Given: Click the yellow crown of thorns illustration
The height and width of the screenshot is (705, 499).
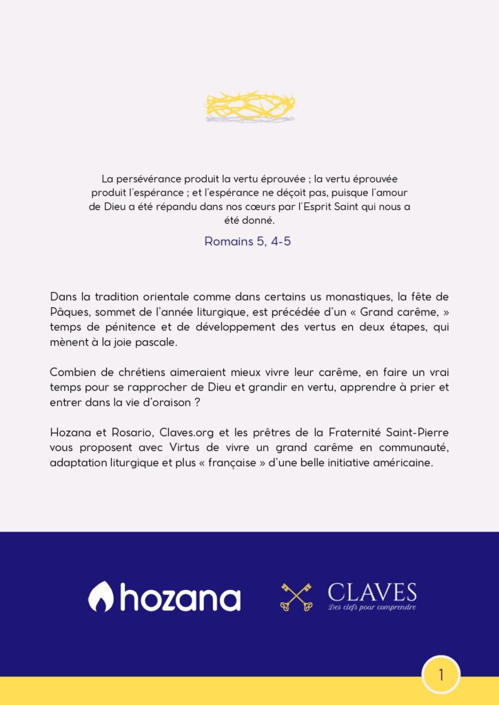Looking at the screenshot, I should [x=250, y=106].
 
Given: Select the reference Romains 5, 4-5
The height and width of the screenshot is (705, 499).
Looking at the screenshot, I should [x=247, y=242].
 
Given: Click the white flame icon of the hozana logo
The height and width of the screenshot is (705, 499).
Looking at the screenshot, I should [x=101, y=596].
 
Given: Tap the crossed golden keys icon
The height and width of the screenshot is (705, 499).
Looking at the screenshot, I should [x=296, y=596].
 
